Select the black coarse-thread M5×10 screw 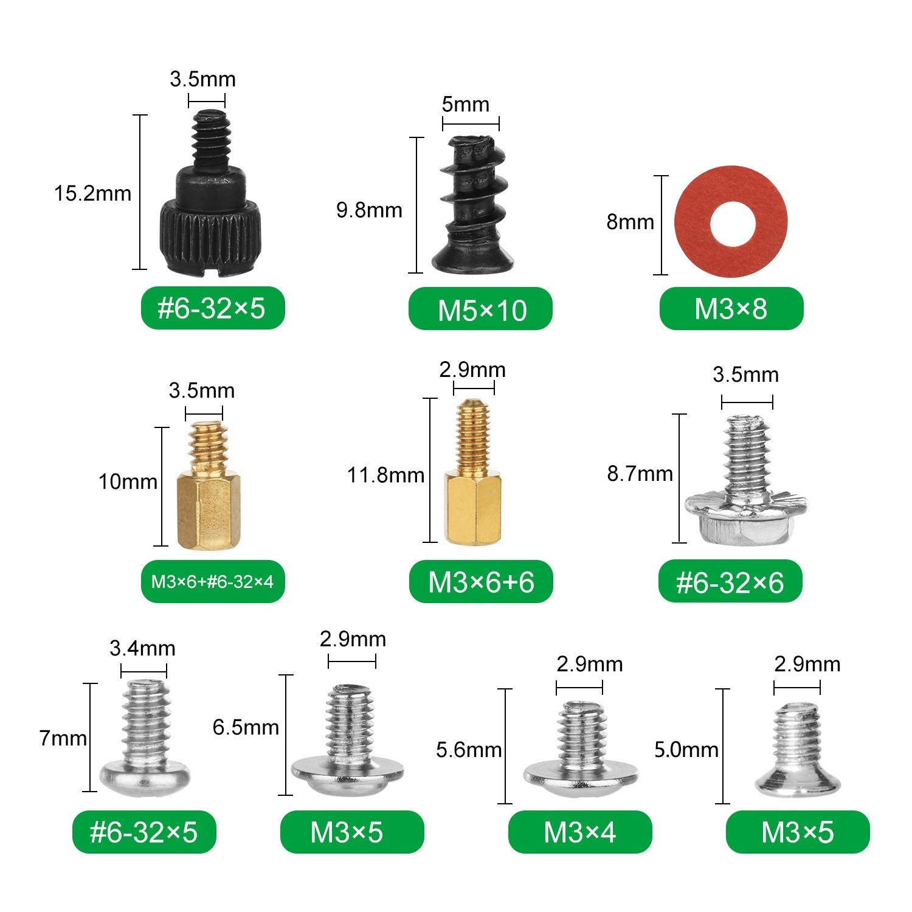coord(473,207)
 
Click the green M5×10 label coord(481,309)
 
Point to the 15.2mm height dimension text coord(92,193)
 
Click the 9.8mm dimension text coord(369,210)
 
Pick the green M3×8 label coord(731,309)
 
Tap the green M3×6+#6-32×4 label coord(212,582)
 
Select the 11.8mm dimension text coord(385,475)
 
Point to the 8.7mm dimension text coord(640,474)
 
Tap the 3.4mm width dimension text coord(142,648)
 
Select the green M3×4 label coord(579,832)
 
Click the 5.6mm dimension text coord(468,750)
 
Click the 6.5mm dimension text coord(246,727)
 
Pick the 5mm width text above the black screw coord(465,105)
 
